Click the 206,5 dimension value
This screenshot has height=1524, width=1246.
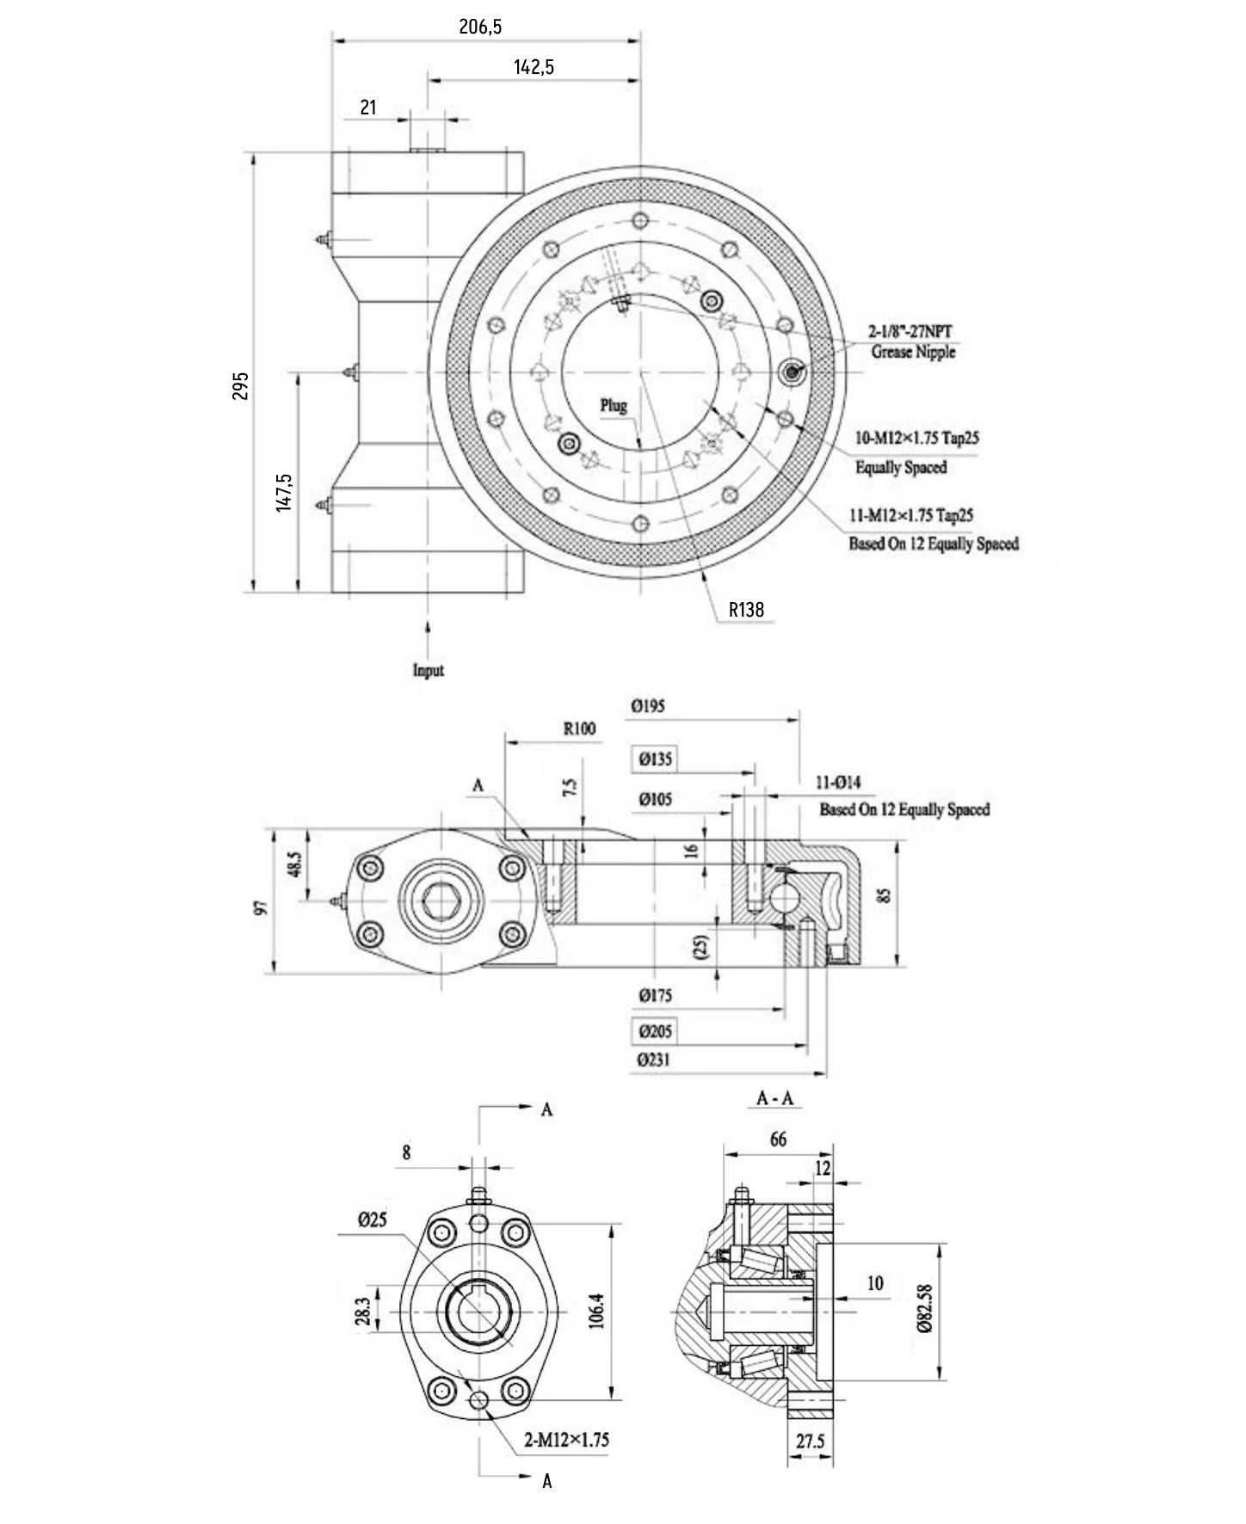pos(480,27)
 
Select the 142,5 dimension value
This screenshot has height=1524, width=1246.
pos(534,67)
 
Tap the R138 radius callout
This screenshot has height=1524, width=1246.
pos(746,610)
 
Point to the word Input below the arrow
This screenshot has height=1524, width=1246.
pos(429,670)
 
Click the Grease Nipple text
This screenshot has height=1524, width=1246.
pos(913,352)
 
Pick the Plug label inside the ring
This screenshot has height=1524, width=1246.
pos(614,405)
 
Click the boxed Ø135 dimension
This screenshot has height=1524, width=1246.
pos(655,759)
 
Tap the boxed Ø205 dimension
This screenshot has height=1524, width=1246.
pos(655,1030)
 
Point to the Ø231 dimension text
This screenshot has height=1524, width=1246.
pos(654,1060)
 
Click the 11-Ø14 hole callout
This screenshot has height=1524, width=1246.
pos(837,783)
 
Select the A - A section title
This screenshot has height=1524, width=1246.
pos(774,1098)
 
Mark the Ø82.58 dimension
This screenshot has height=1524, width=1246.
pos(925,1308)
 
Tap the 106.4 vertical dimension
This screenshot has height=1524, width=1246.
pos(596,1311)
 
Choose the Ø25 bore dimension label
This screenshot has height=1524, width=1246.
pos(373,1220)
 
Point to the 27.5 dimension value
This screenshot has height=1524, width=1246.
pos(810,1441)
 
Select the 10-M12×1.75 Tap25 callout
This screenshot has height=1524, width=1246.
pos(916,438)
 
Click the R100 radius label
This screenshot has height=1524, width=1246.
pos(579,729)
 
